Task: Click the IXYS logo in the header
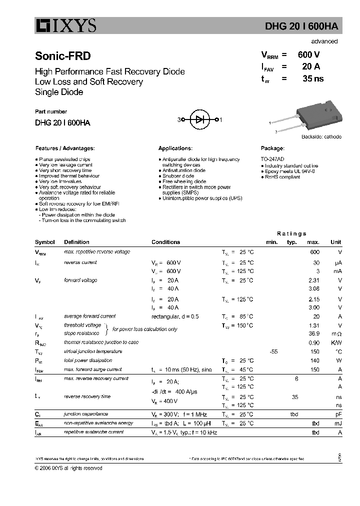pos(65,25)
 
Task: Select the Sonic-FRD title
pos(62,57)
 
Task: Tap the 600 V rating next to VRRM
pos(308,55)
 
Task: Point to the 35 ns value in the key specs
pos(313,78)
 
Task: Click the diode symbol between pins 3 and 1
pos(200,119)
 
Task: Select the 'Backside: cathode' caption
pos(321,137)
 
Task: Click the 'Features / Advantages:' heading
pos(64,148)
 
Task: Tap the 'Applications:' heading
pos(175,148)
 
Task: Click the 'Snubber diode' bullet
pos(178,176)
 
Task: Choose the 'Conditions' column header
pos(165,242)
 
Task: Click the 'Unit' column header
pos(336,242)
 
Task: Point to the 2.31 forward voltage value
pos(313,280)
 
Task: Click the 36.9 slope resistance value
pos(313,333)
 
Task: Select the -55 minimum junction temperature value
pos(273,351)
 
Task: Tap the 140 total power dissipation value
pos(314,360)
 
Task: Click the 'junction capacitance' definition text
pos(85,414)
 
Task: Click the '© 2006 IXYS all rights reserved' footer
pos(68,468)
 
